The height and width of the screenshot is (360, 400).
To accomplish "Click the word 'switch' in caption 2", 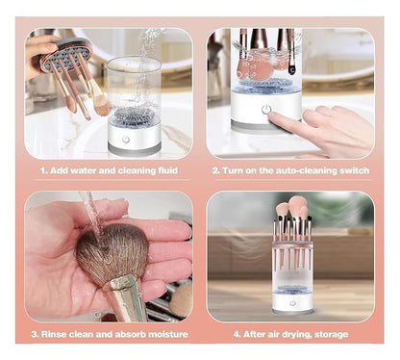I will pyautogui.click(x=348, y=170).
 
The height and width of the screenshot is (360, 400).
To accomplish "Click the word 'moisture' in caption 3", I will pyautogui.click(x=165, y=334).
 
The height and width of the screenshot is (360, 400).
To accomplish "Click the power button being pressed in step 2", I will pyautogui.click(x=265, y=110).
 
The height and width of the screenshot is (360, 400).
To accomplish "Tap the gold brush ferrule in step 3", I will pyautogui.click(x=126, y=297).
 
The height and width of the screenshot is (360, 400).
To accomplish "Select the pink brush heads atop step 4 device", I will pyautogui.click(x=293, y=210).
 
